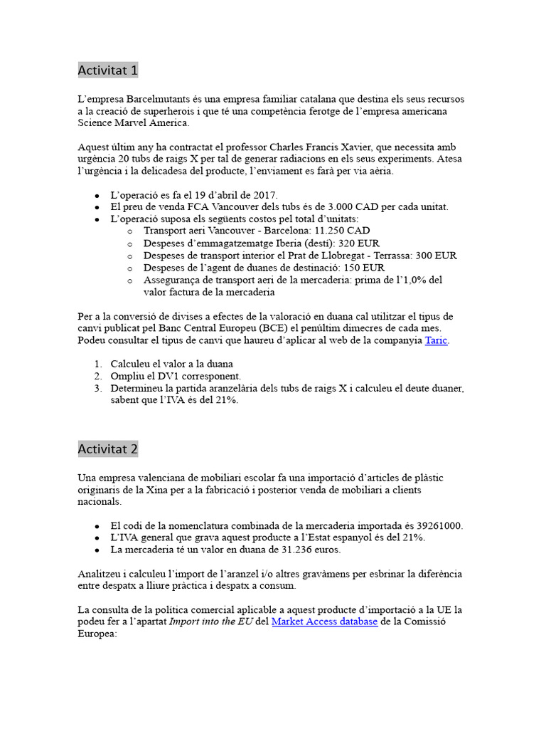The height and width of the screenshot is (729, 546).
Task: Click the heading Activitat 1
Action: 108,70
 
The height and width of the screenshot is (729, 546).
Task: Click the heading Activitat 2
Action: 108,449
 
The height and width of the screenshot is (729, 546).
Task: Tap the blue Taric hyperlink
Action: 437,340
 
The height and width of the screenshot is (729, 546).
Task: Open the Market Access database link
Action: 324,622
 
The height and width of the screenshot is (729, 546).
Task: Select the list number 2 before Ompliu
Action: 98,376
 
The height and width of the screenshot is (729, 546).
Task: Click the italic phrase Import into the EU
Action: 210,622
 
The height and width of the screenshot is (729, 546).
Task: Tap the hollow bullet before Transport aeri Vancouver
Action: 129,231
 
